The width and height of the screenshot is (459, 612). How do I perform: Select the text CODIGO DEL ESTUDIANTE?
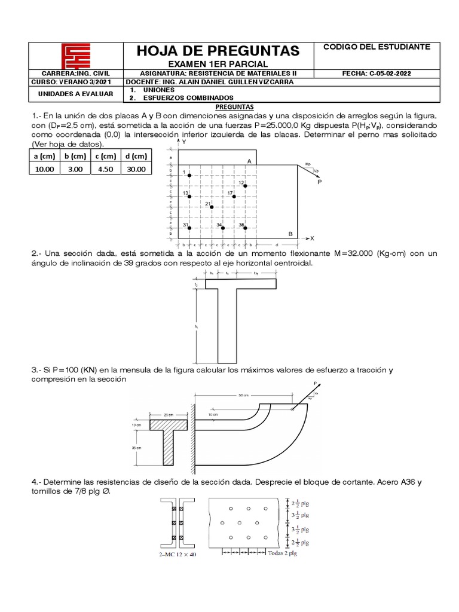[376, 46]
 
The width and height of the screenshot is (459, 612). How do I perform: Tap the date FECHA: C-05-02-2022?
[376, 74]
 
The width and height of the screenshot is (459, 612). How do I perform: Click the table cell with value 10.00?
[44, 169]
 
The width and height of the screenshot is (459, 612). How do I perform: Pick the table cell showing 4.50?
[105, 169]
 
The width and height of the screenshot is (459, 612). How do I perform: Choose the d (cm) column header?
[136, 157]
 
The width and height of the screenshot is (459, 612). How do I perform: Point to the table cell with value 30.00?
[136, 169]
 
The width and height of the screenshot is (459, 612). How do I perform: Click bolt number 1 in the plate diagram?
[189, 175]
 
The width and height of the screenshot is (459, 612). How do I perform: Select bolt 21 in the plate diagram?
[212, 207]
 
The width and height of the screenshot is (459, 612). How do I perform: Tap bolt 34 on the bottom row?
[222, 228]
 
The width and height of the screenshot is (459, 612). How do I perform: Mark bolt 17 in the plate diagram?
[234, 196]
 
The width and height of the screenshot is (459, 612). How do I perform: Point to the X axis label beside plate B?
[311, 238]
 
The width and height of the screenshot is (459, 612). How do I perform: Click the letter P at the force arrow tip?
[320, 182]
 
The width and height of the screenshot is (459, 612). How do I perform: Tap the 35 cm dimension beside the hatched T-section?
[137, 446]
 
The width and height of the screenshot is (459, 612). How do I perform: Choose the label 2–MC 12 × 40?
[178, 555]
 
